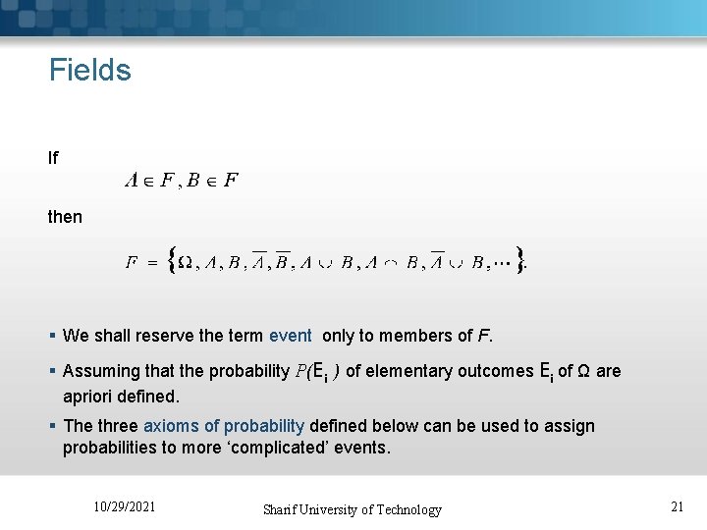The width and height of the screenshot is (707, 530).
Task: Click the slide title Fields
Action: pyautogui.click(x=90, y=71)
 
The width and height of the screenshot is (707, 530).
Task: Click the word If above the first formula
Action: pyautogui.click(x=54, y=157)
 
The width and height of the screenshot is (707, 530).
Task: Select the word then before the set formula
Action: pyautogui.click(x=66, y=216)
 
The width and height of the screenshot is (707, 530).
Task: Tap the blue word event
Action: pyautogui.click(x=290, y=336)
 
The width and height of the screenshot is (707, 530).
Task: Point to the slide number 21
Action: pyautogui.click(x=677, y=506)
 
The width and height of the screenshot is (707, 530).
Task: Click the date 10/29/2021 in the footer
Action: pyautogui.click(x=124, y=506)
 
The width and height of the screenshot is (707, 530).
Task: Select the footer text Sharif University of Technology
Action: pyautogui.click(x=352, y=509)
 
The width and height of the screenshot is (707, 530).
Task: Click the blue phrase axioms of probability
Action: pyautogui.click(x=224, y=426)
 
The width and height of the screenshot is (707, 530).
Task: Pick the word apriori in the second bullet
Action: pyautogui.click(x=89, y=397)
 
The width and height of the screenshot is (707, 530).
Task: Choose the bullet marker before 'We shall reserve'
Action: pyautogui.click(x=53, y=336)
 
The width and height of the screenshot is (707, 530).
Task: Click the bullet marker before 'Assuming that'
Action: pyautogui.click(x=53, y=372)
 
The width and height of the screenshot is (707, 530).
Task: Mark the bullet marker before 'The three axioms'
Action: pyautogui.click(x=53, y=426)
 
